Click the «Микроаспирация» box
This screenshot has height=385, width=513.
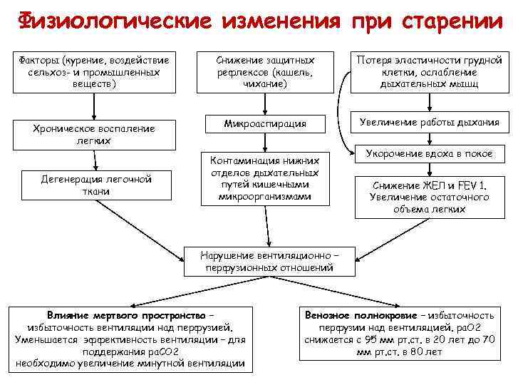click(265, 123)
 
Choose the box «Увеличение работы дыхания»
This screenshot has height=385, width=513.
click(430, 122)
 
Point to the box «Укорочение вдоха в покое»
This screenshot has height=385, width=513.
click(430, 153)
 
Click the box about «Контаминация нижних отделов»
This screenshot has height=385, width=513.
click(265, 177)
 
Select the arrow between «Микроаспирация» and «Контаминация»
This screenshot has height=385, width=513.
click(265, 143)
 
